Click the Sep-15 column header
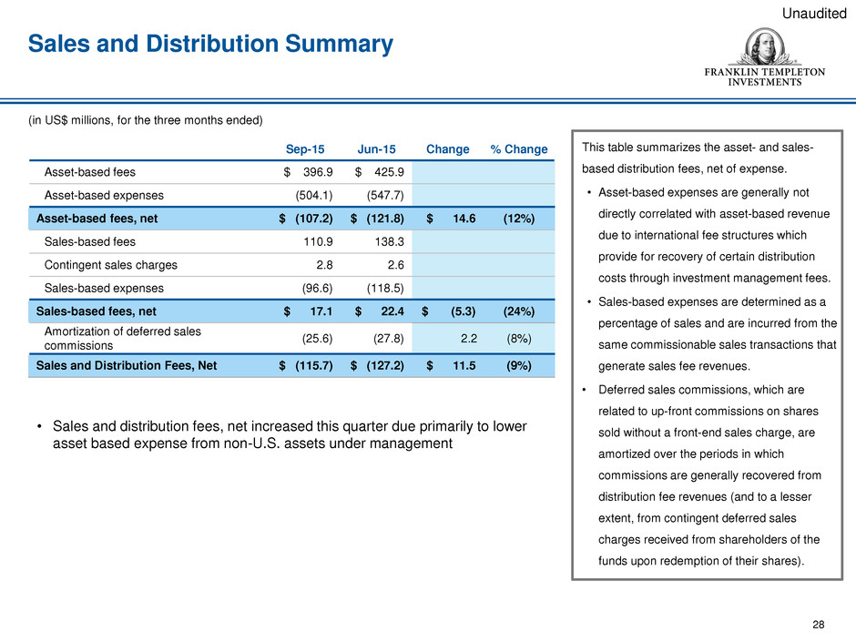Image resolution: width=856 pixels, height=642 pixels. point(305,149)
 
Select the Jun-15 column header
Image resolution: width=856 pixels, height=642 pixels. point(376,149)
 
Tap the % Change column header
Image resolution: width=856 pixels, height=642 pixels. point(519,149)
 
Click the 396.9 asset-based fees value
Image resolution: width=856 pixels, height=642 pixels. point(318,172)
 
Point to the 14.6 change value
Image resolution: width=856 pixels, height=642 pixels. point(464,219)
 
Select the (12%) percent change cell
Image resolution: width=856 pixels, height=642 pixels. point(519,219)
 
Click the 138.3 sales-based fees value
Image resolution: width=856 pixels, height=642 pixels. point(389,242)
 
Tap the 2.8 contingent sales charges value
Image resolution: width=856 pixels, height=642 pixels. point(324,265)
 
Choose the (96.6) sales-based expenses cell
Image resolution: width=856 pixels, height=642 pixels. point(317,289)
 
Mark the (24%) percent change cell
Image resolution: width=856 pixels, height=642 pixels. point(519,311)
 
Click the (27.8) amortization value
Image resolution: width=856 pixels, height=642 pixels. point(389,339)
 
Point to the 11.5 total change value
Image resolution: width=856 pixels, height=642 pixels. point(464,366)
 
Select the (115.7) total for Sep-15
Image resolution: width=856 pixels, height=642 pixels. point(314,366)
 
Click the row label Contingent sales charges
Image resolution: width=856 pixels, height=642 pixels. point(111,265)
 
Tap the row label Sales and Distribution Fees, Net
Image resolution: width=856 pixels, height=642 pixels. point(126,366)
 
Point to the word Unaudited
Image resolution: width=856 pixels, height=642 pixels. point(814,13)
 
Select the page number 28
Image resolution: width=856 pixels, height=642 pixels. point(819,625)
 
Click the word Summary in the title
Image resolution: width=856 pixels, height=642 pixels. point(339,44)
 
